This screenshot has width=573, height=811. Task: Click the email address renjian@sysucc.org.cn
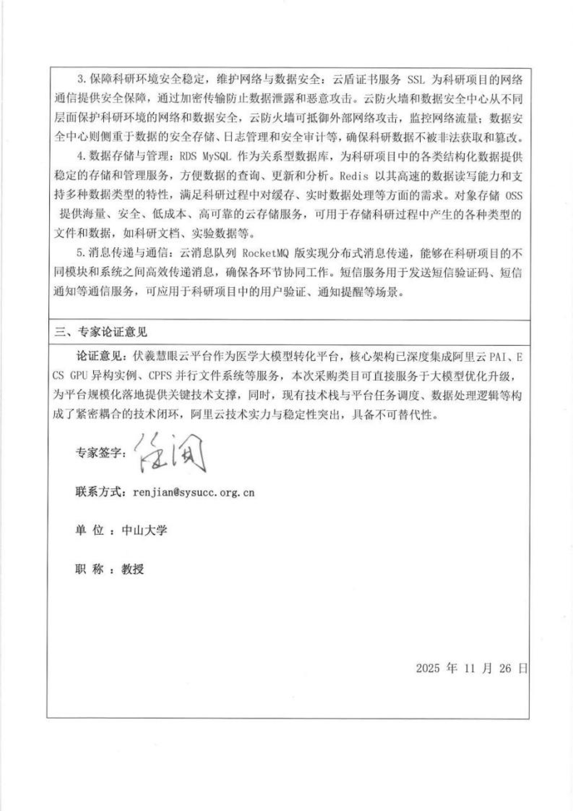(x=194, y=492)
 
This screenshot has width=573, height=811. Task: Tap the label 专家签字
(x=100, y=454)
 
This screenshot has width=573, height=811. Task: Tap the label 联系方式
(x=100, y=492)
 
